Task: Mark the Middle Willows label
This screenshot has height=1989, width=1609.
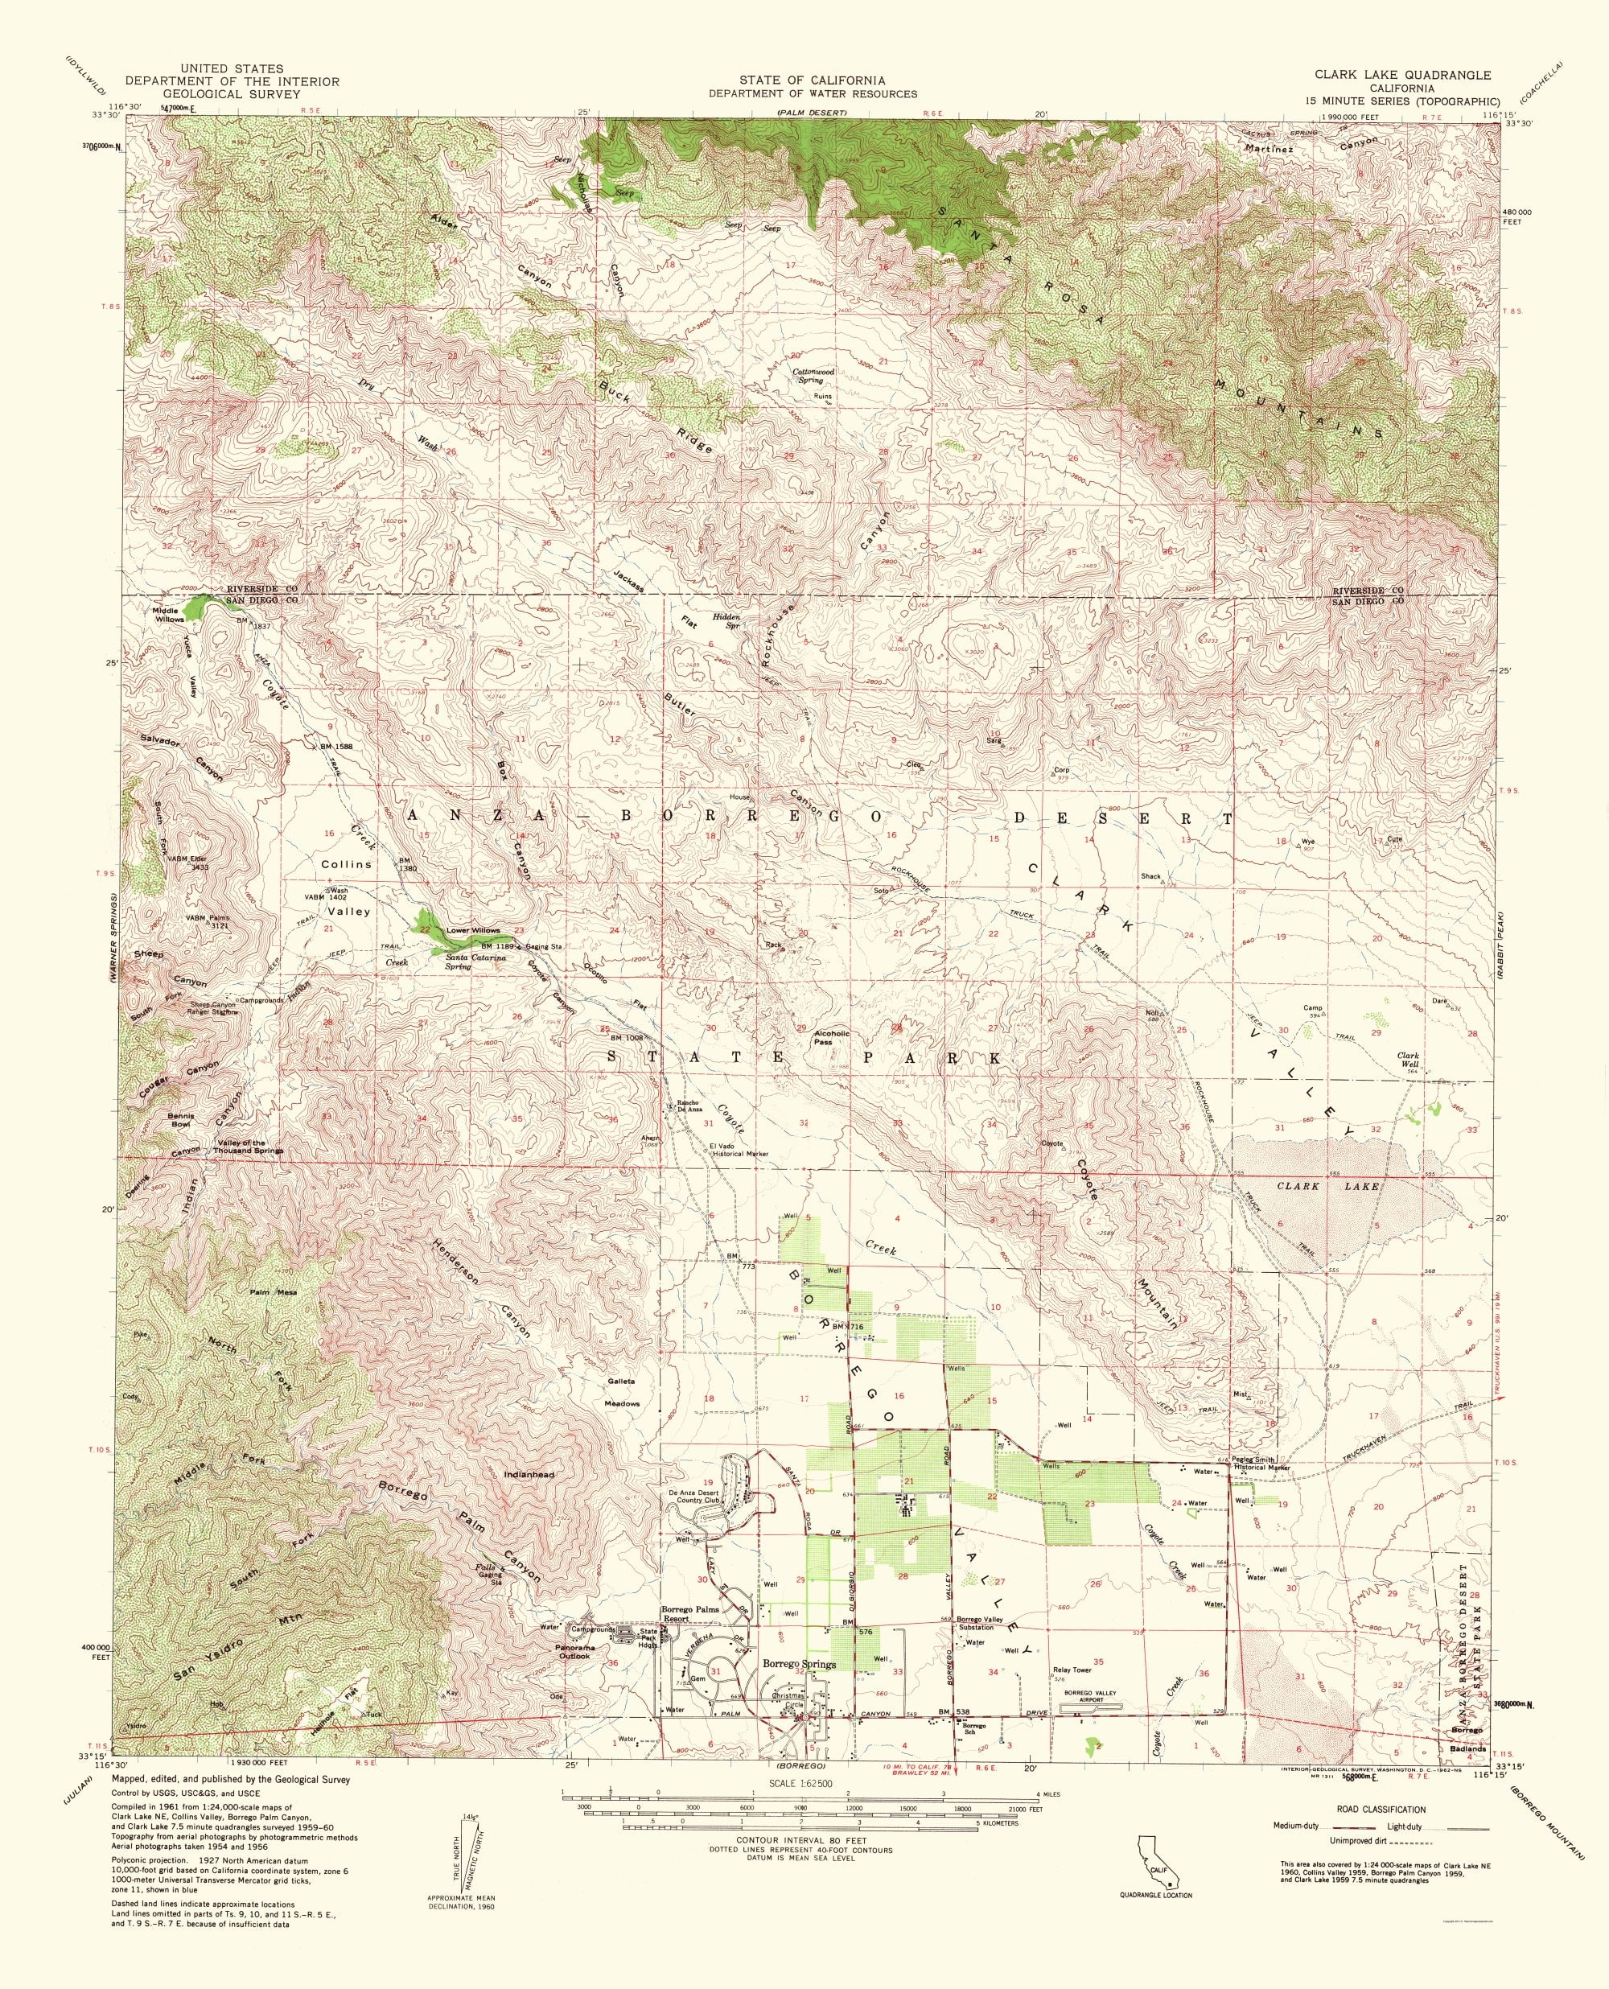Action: tap(169, 615)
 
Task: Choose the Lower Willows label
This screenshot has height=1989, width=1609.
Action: tap(473, 929)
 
